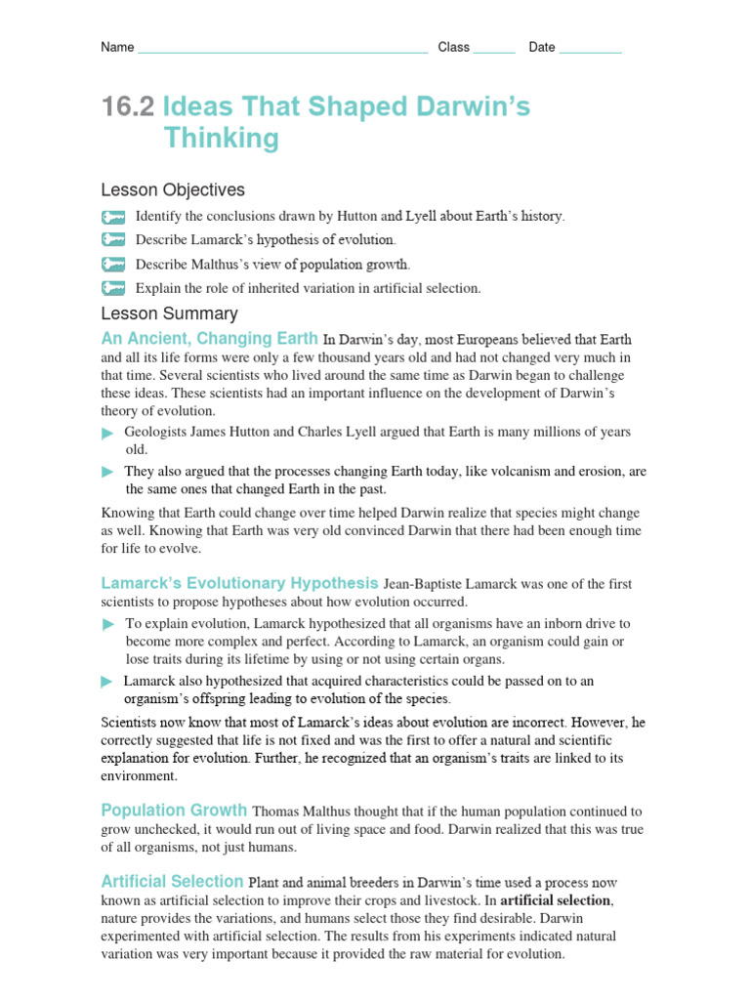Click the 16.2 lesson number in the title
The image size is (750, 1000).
[128, 107]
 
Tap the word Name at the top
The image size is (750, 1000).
[117, 48]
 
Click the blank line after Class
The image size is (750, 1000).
[493, 49]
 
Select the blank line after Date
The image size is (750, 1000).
[590, 49]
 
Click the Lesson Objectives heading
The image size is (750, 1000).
[173, 190]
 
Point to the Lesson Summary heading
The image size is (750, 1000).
[169, 313]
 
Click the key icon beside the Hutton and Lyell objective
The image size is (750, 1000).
[113, 217]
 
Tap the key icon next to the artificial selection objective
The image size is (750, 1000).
[113, 288]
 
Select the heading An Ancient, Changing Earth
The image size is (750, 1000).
[209, 339]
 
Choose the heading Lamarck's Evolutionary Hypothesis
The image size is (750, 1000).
[239, 584]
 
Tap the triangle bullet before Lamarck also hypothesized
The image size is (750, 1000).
[107, 682]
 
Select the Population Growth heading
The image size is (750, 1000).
[174, 811]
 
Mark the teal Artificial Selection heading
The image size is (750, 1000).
[172, 882]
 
